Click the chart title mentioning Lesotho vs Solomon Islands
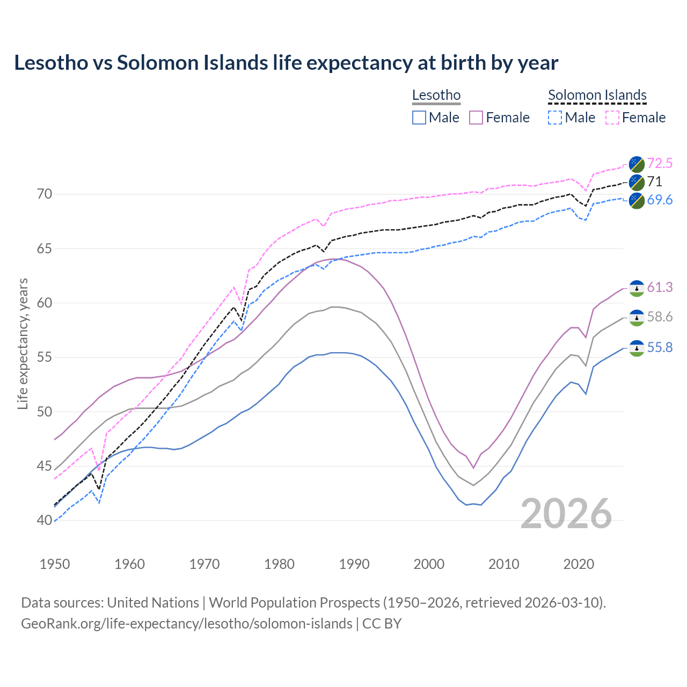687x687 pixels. [x=286, y=63]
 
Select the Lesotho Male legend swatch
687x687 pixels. [x=419, y=118]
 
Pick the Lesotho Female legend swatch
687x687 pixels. [x=476, y=118]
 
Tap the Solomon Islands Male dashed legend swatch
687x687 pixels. [x=555, y=118]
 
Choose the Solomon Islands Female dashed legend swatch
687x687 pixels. [x=612, y=118]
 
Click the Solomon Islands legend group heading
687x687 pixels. [x=597, y=96]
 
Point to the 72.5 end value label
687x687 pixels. [x=660, y=163]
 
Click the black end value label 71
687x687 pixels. [x=654, y=181]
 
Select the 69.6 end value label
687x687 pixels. [x=660, y=200]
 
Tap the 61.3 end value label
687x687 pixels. [x=660, y=288]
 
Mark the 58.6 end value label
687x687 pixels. [x=660, y=317]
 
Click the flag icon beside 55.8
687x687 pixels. [x=637, y=348]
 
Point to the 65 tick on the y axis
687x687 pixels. [x=45, y=249]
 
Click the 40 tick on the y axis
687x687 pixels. [x=45, y=520]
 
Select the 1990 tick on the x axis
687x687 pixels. [x=354, y=564]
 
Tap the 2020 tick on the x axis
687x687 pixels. [x=579, y=564]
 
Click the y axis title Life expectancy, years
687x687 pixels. [x=23, y=343]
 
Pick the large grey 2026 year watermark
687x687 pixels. [x=566, y=514]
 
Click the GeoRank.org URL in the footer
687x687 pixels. [x=186, y=624]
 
